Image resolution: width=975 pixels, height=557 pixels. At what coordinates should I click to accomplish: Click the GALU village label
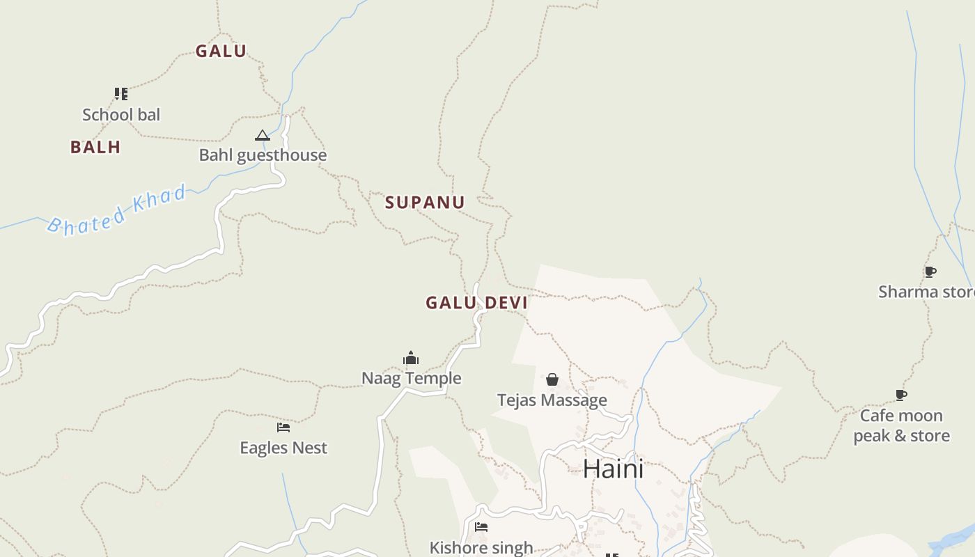point(221,51)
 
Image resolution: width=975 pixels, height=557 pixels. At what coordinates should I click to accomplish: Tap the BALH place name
point(95,147)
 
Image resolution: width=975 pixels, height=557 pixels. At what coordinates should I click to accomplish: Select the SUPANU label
point(425,203)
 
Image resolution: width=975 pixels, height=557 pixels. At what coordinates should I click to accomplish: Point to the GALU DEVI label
point(477,303)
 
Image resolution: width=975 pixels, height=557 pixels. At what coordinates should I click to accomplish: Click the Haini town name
point(613,469)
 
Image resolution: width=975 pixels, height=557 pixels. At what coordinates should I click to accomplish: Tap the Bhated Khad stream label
point(117,210)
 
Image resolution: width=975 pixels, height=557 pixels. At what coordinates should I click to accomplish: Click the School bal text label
point(121,115)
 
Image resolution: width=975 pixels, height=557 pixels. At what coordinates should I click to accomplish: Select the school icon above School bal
point(121,94)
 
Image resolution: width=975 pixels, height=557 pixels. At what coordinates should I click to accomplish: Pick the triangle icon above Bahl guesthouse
point(262,135)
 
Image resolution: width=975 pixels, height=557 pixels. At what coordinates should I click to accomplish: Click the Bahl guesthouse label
point(263,155)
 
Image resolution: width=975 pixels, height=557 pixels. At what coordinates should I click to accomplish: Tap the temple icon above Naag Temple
point(411,359)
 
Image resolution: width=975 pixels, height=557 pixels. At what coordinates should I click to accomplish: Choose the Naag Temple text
point(411,378)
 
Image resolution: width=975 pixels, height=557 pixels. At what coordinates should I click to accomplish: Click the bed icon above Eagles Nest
point(283,427)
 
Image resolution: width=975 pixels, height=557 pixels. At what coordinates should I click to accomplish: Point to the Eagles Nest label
point(283,448)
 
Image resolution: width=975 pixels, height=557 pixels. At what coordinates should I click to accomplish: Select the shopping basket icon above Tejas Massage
point(552,379)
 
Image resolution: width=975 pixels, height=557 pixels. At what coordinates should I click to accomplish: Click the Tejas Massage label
point(552,400)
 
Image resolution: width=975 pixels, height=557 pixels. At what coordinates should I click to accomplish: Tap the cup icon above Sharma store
point(930,272)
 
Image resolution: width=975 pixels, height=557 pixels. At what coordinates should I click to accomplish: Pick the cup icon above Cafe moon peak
point(901,395)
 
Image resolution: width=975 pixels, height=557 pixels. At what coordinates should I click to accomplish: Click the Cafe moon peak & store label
point(901,425)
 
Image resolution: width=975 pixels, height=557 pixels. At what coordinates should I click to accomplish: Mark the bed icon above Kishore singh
point(481,527)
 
